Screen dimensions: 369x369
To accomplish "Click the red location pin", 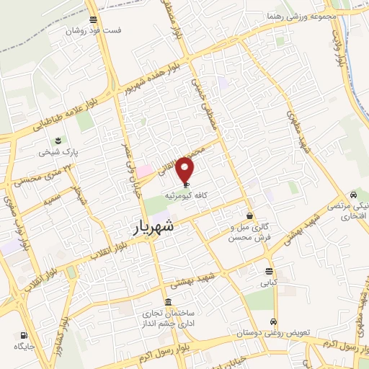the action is coord(186,170).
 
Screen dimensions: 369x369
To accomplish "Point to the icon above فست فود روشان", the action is coord(93,19).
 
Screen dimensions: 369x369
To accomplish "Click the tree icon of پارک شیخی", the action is coord(58,141).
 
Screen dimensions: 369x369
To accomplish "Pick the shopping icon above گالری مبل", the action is coord(249,215).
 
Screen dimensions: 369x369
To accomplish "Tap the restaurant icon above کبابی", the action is coord(269,272).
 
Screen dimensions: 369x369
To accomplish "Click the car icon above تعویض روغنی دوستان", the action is coord(274,321).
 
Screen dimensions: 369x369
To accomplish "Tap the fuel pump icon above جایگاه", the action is coord(24,335).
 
